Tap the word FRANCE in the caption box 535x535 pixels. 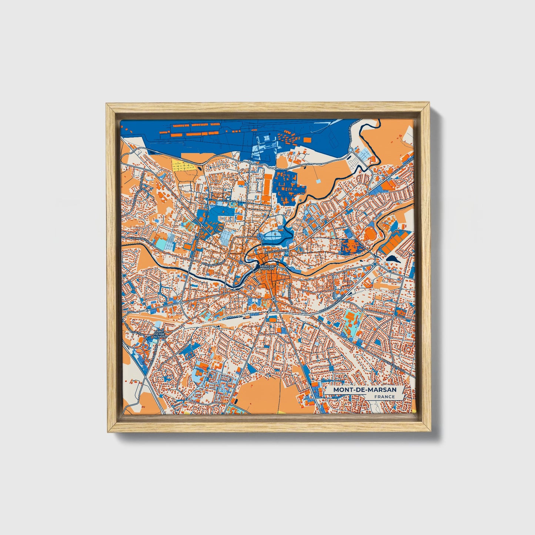[384, 397]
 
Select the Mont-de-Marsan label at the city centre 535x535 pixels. [267, 267]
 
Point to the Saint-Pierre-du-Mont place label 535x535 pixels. [159, 334]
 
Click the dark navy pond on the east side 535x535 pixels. [392, 259]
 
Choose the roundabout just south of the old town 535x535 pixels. [273, 299]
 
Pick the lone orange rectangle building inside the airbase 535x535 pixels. [307, 139]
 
